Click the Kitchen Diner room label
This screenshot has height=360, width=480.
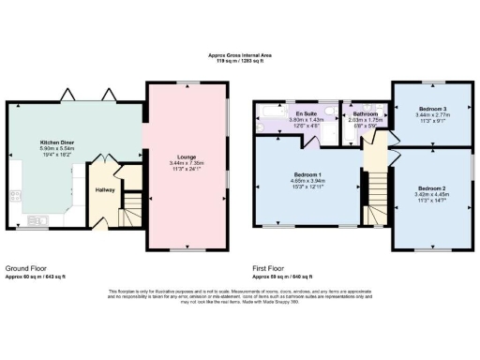(44, 143)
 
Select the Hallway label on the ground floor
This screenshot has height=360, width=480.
(105, 190)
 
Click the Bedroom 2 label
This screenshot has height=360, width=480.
(431, 187)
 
